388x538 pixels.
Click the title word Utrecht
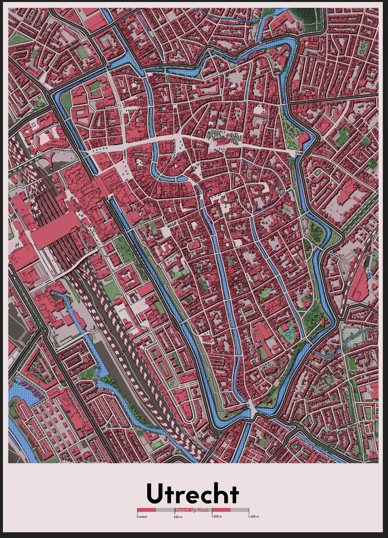[193, 494]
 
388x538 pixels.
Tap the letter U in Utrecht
[154, 494]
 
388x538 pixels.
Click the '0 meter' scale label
[142, 517]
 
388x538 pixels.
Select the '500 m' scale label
[178, 517]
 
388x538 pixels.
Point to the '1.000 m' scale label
[216, 517]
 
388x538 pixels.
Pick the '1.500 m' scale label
[253, 517]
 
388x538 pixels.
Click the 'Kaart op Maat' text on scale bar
[193, 510]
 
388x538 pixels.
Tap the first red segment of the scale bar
[147, 510]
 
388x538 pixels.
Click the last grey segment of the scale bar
[239, 510]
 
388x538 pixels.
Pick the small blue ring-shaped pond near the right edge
[369, 276]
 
